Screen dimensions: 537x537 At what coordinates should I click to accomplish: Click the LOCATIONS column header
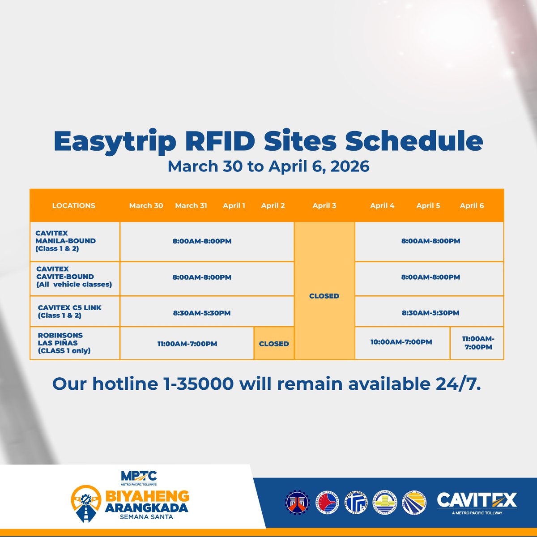pos(73,206)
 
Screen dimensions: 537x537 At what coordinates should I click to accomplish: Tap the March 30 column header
pos(146,206)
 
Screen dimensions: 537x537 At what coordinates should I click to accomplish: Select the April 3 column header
pos(324,206)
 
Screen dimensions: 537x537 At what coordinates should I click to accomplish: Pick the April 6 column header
pos(472,206)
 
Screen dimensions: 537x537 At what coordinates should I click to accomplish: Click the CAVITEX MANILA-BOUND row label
pos(65,241)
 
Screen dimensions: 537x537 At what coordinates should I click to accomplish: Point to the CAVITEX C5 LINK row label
pos(70,311)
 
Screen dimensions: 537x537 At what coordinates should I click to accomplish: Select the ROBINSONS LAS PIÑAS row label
pos(64,343)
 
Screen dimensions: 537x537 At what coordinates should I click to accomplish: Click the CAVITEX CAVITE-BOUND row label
pos(74,277)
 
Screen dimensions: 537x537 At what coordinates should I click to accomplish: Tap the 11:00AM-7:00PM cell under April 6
pos(478,343)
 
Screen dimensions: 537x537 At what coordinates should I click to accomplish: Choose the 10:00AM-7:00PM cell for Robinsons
pos(401,342)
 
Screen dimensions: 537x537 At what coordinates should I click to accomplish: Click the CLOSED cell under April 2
pos(274,344)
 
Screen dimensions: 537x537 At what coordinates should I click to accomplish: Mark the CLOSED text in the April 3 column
pos(324,296)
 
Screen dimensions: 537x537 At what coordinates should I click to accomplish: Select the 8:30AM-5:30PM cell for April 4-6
pos(430,313)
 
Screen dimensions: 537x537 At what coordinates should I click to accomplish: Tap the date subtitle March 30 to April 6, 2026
pos(268,166)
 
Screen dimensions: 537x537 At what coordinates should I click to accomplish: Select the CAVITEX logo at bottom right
pos(477,502)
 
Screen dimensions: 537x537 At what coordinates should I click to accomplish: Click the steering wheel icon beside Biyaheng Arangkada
pos(86,503)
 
